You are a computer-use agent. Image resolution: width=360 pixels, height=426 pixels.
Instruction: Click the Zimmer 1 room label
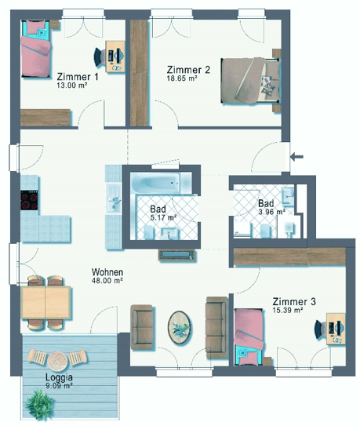[x=78, y=77]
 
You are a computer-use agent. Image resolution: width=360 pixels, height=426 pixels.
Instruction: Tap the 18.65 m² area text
[x=182, y=78]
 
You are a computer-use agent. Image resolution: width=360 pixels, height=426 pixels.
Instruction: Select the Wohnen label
[x=107, y=272]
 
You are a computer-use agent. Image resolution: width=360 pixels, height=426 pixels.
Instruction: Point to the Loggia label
[x=59, y=377]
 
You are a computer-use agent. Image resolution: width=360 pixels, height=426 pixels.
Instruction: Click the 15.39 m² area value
[x=288, y=310]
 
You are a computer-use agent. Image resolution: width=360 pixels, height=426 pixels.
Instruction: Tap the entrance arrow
[x=296, y=156]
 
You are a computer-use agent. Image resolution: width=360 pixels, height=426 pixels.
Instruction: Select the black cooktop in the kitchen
[x=29, y=200]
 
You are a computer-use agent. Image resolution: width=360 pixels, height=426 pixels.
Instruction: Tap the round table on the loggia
[x=57, y=361]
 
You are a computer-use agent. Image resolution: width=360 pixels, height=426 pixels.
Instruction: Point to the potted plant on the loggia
[x=39, y=404]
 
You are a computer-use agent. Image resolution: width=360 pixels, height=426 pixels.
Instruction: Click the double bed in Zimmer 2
[x=250, y=81]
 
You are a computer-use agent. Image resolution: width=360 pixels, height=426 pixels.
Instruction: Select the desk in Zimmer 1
[x=115, y=56]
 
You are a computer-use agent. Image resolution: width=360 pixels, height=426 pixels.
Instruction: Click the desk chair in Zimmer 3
[x=320, y=330]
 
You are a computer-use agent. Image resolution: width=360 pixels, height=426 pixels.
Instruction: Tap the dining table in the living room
[x=45, y=302]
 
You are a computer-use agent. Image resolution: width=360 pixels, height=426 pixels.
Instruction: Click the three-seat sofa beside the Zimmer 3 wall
[x=216, y=327]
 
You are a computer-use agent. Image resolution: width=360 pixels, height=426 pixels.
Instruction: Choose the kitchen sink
[x=114, y=200]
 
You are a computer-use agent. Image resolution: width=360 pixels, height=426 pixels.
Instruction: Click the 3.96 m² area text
[x=271, y=212]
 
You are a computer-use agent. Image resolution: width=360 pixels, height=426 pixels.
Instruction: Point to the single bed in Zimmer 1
[x=35, y=49]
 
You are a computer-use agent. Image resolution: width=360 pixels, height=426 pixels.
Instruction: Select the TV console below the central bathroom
[x=177, y=255]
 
